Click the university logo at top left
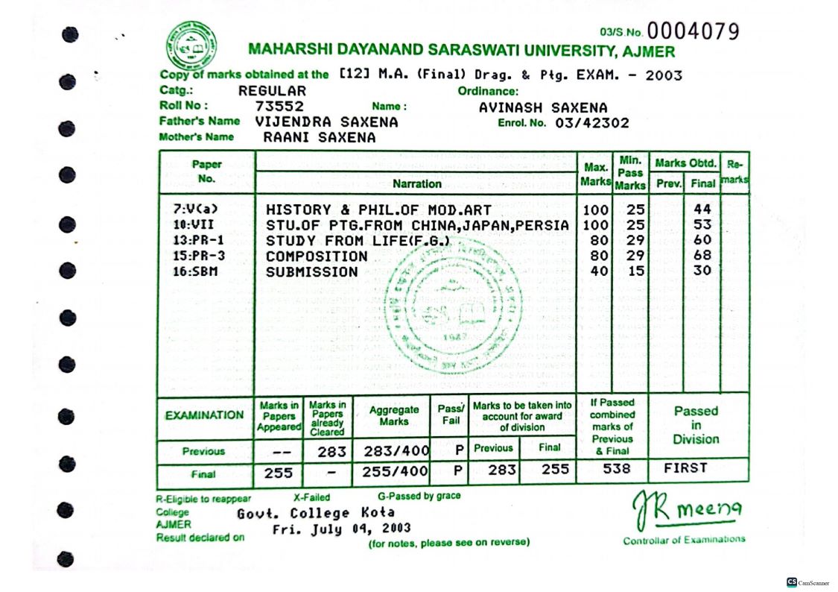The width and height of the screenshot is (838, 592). (x=191, y=45)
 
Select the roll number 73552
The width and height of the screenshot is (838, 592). (x=279, y=107)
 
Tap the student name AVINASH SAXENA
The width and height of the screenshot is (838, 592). (x=543, y=107)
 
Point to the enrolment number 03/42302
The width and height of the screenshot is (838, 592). (x=592, y=123)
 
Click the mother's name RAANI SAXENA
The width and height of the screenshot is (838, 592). (x=320, y=138)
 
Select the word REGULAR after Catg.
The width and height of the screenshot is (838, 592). (x=272, y=91)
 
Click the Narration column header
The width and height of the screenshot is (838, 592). (x=417, y=183)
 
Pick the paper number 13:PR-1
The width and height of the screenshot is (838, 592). (x=198, y=241)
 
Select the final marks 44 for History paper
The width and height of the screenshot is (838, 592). (x=702, y=210)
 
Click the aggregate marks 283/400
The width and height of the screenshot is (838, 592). (x=395, y=451)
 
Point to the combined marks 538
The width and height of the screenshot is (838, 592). (x=612, y=469)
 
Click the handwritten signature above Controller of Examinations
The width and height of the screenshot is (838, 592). (x=685, y=510)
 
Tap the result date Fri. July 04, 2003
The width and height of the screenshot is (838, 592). (x=341, y=529)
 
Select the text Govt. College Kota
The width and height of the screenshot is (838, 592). (x=316, y=514)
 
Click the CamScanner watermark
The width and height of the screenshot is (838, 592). (x=808, y=582)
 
